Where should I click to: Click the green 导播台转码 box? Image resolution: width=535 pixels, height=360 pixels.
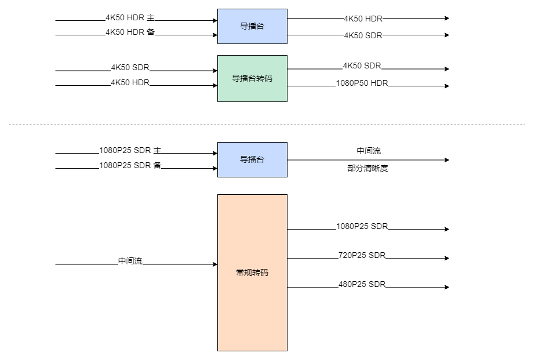pos(252,78)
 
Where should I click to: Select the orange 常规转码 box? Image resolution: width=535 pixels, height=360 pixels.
pos(252,272)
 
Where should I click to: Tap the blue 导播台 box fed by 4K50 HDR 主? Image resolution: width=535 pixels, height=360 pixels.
pos(252,26)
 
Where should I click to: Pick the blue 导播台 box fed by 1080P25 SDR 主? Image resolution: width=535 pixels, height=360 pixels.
pos(252,159)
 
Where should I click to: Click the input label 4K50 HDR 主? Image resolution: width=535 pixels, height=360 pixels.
pos(130,18)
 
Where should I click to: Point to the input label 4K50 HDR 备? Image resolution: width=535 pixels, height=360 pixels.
pos(130,32)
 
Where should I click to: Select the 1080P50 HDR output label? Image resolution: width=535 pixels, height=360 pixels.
pos(362,83)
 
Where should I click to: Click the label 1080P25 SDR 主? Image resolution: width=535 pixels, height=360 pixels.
pos(129,151)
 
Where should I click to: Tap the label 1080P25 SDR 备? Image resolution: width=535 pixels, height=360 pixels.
pos(129,166)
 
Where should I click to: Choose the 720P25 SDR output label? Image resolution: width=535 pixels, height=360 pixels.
pos(362,255)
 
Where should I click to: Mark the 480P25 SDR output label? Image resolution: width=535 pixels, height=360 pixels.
pos(362,284)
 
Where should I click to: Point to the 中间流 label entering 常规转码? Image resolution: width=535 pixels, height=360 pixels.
pos(130,261)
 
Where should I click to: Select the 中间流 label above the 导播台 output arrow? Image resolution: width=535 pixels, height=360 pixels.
pos(369,151)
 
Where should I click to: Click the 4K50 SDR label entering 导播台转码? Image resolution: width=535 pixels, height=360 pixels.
pos(130,68)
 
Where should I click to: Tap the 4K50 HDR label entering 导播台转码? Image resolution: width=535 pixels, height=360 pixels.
pos(130,83)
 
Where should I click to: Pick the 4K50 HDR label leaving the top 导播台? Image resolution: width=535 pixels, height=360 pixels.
pos(363,19)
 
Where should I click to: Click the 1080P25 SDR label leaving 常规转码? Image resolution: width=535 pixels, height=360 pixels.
pos(362,226)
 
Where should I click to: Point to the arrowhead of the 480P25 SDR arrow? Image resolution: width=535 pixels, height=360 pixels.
pos(446,288)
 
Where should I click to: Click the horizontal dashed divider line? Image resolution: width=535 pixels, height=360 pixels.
pos(267,125)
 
